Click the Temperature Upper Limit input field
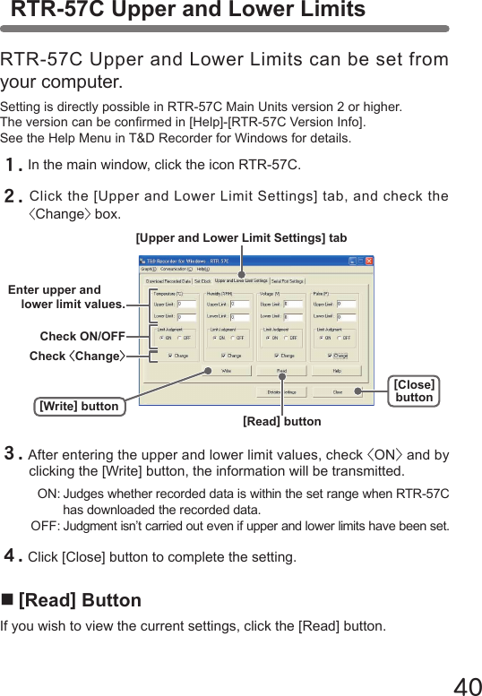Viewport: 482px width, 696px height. (186, 304)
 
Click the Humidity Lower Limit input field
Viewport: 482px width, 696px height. (239, 316)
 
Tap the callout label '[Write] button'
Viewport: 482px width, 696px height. (79, 407)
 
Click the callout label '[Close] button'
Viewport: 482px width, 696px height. (414, 391)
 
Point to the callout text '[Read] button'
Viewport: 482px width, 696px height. (281, 420)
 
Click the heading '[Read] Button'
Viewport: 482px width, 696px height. (79, 600)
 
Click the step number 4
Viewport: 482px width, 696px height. (13, 557)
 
